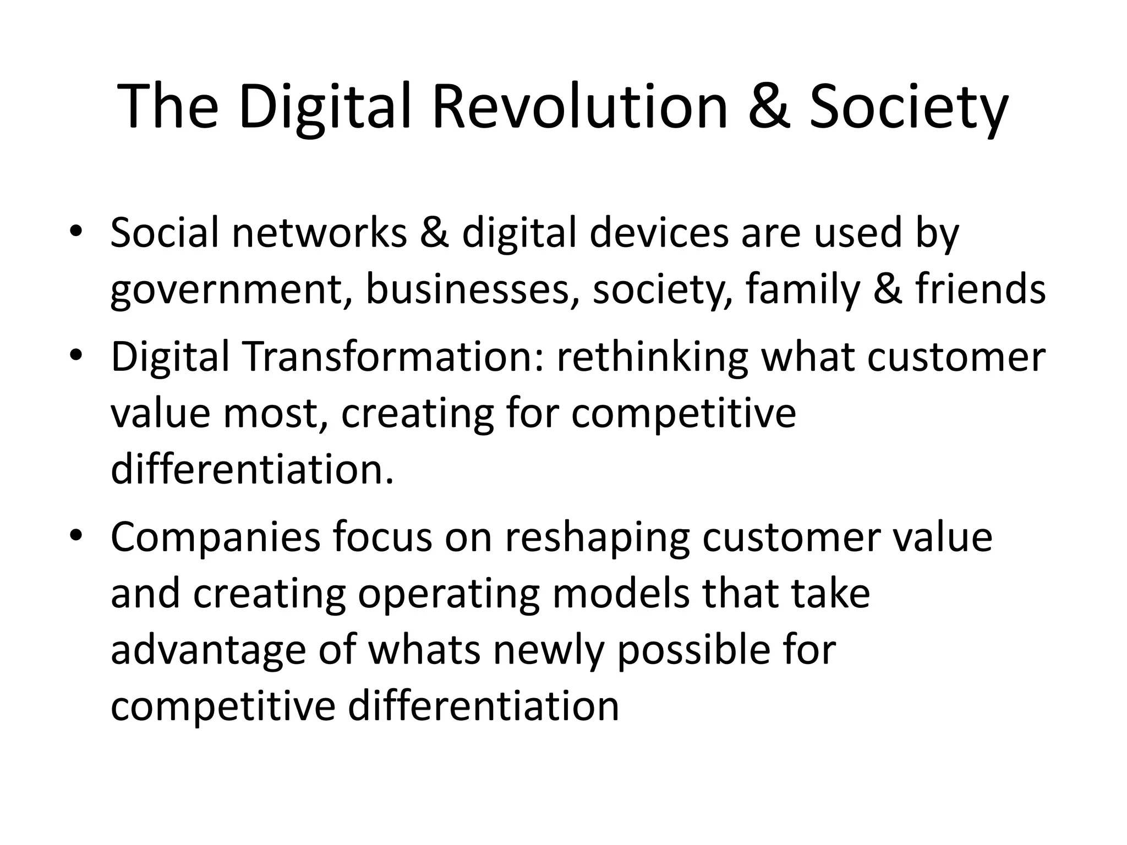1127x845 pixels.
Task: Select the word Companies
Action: click(x=215, y=537)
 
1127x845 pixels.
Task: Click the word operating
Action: click(x=449, y=595)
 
